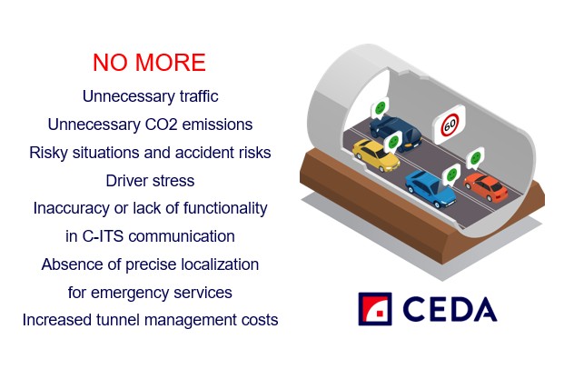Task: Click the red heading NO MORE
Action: pos(149,63)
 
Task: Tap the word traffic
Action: pos(199,96)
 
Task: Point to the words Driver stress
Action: pos(150,181)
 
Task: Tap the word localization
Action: pos(220,264)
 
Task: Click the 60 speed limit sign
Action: pos(450,125)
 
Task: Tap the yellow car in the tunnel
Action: pos(376,155)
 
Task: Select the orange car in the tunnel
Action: pos(486,187)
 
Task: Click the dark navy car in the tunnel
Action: pos(396,132)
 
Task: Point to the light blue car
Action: pos(430,189)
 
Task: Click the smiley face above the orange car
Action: pos(476,157)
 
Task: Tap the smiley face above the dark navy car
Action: pos(381,107)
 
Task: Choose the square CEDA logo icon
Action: pos(375,309)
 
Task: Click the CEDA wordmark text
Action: pos(450,309)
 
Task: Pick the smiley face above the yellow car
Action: pos(393,141)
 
